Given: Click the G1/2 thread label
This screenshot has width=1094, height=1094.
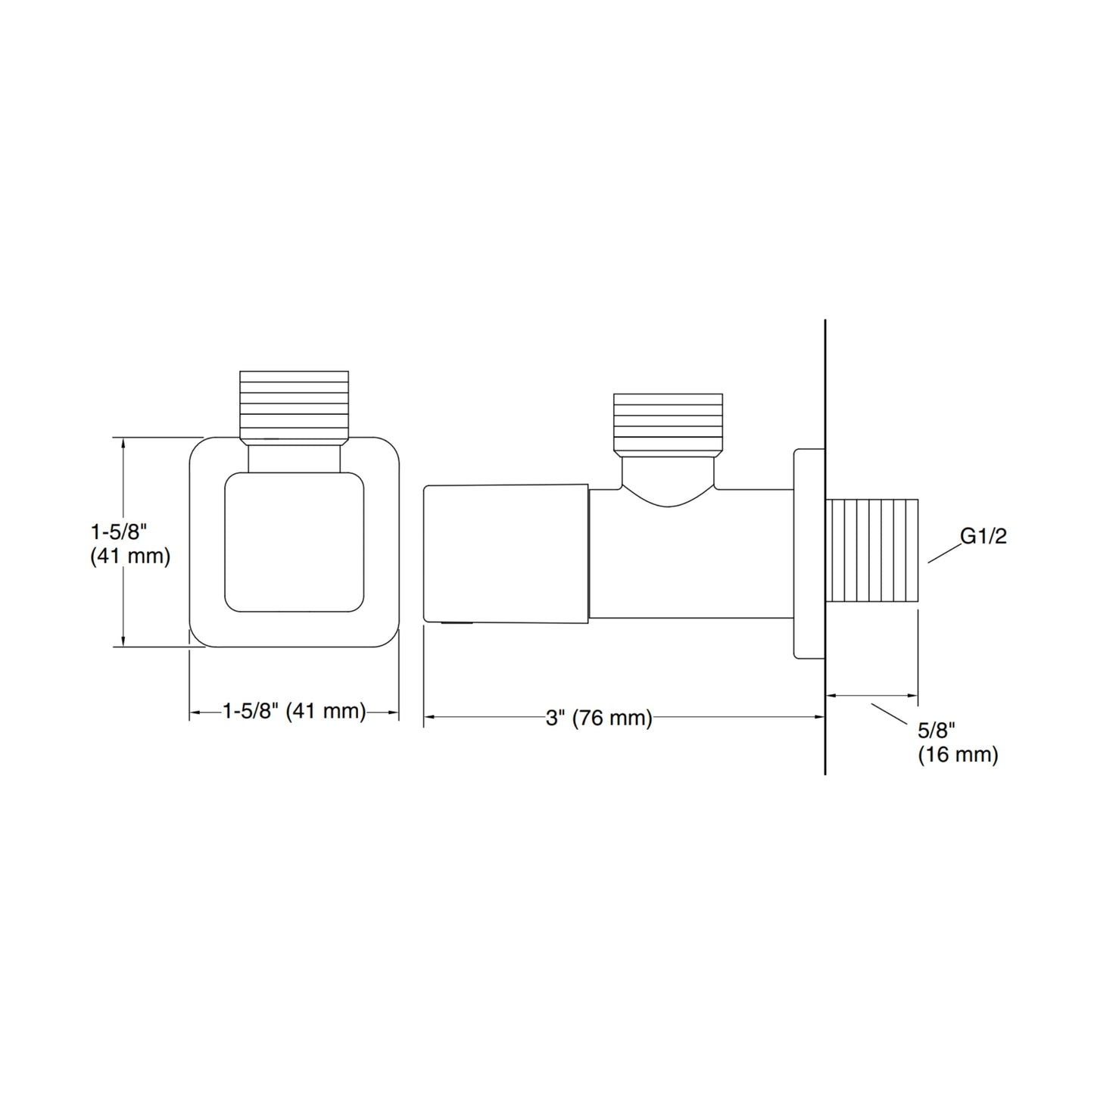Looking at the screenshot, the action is [983, 536].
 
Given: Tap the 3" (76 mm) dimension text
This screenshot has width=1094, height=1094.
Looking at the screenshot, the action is [599, 718].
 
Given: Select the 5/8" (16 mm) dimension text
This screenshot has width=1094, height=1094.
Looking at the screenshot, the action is [958, 743].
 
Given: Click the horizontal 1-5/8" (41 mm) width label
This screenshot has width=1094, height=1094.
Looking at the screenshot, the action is [294, 711].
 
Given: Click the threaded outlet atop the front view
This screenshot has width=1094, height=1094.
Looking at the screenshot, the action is [294, 407].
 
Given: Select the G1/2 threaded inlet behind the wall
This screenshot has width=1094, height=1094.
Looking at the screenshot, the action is [871, 550].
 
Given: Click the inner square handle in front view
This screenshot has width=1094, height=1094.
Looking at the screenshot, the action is [294, 542].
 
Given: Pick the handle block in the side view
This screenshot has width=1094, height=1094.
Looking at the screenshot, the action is [506, 553].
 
